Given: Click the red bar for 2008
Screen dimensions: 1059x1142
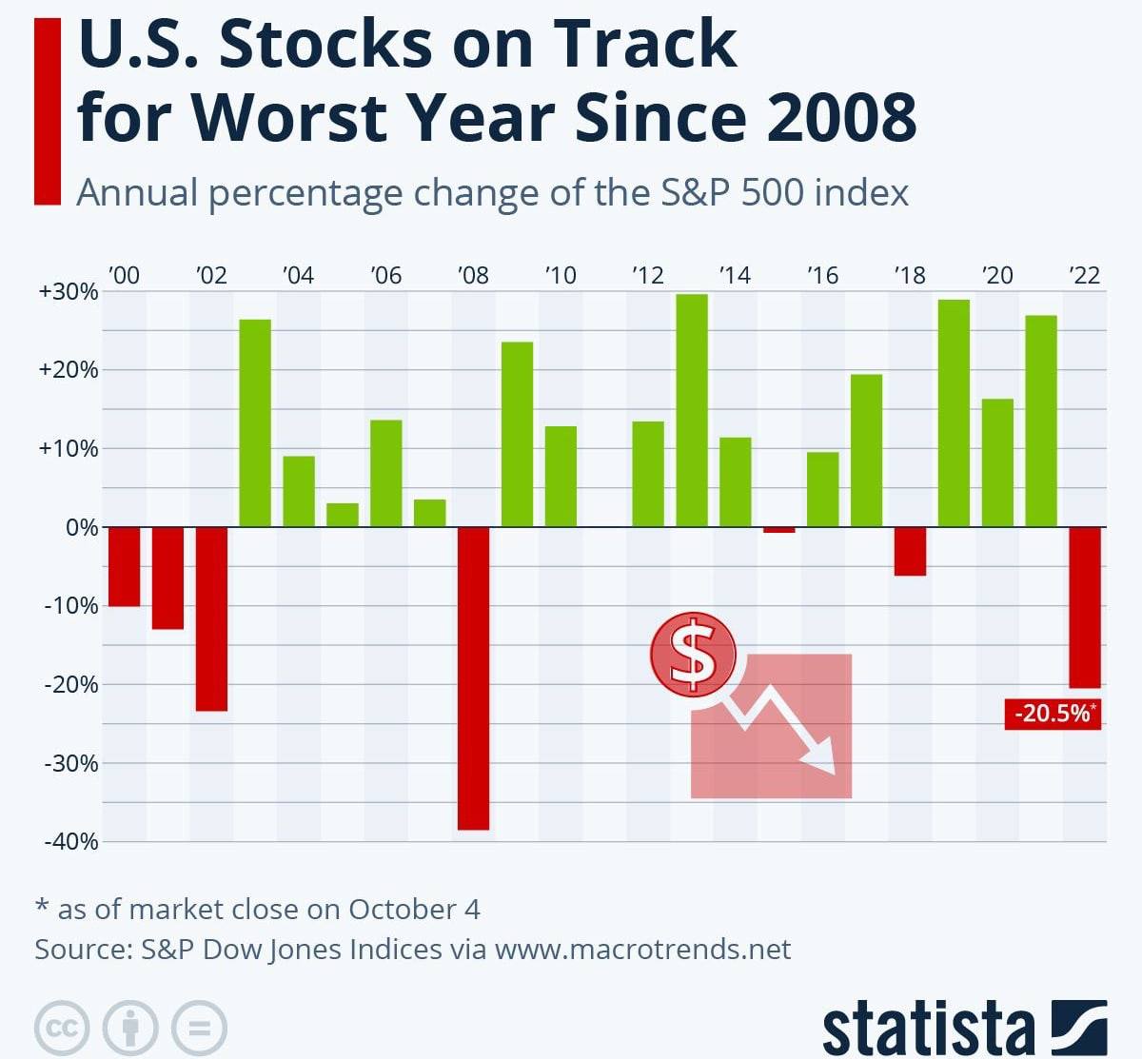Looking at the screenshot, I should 473,677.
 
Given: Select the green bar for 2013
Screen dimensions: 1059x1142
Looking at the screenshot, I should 692,410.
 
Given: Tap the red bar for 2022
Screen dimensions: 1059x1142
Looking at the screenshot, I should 1085,607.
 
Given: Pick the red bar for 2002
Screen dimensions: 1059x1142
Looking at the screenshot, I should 211,618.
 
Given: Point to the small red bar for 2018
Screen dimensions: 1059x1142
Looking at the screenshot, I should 910,551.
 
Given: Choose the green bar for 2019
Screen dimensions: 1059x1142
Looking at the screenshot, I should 954,413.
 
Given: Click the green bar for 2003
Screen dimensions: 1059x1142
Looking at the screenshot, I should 255,422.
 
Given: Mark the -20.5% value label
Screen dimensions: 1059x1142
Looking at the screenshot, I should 1053,714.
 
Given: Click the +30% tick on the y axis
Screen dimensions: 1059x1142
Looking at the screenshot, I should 69,292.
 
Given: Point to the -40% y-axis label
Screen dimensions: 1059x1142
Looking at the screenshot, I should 71,841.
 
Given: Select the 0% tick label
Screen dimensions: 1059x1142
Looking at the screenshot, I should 82,528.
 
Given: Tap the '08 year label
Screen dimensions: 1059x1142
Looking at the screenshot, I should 473,276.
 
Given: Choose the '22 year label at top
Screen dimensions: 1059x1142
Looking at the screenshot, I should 1085,276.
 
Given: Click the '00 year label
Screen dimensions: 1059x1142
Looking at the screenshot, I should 124,276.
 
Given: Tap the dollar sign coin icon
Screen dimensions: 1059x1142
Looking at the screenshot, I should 694,654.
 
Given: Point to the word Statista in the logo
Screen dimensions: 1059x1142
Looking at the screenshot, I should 928,1029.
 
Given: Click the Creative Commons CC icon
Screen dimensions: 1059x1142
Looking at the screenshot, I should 62,1028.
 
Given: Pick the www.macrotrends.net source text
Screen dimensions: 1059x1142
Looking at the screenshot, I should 642,950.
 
